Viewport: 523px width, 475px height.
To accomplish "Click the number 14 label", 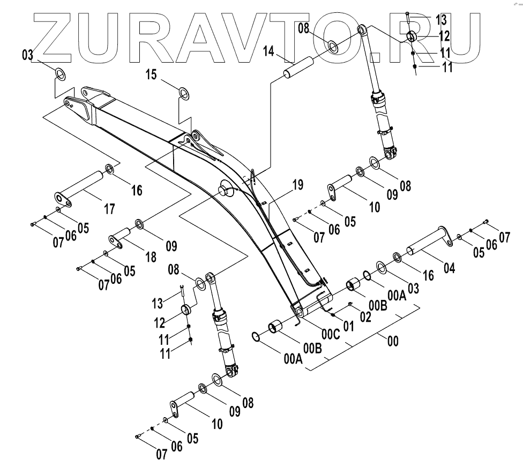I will tap(269, 51).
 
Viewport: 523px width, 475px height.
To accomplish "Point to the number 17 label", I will tap(109, 209).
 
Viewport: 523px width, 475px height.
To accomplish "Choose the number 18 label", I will tap(152, 256).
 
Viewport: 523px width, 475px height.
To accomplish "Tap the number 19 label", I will tap(297, 185).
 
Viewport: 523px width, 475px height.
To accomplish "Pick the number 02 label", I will tap(365, 316).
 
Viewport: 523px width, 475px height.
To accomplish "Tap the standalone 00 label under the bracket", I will tap(393, 341).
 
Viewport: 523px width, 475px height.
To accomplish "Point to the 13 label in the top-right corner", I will tap(440, 20).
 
